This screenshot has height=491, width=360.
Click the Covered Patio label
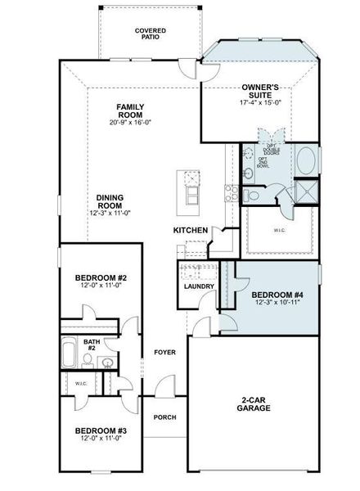(150, 34)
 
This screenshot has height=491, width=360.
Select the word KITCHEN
(190, 231)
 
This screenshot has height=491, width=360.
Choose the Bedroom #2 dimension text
(99, 286)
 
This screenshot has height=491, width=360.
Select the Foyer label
(164, 353)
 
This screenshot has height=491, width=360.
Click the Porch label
(164, 417)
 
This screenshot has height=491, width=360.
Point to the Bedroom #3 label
(99, 430)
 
